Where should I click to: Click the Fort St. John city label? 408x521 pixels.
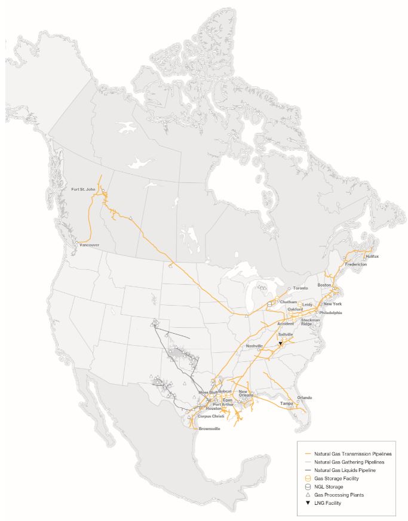pos(84,189)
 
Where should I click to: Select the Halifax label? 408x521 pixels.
pos(372,256)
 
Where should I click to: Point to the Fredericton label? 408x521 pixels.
pos(355,264)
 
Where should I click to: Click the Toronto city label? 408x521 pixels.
pos(300,288)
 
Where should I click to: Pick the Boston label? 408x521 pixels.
pos(324,285)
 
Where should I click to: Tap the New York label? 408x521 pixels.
pos(333,304)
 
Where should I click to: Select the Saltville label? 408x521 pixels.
pos(286,335)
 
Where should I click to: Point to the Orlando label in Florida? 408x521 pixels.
pos(304,397)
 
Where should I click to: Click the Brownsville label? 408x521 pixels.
pos(209,429)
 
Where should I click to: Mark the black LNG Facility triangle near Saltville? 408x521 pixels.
pos(280,344)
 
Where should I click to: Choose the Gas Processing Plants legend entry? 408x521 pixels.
pos(339,495)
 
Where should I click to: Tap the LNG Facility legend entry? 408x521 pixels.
pos(329,504)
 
